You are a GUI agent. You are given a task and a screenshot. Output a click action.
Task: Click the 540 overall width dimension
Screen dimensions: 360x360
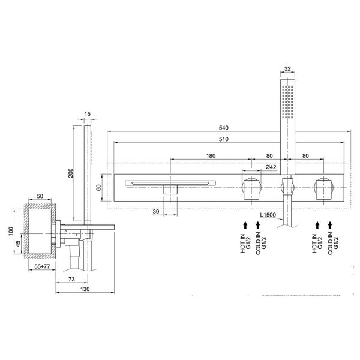[x=224, y=128]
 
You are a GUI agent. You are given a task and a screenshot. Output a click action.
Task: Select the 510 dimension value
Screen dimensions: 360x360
[x=224, y=139]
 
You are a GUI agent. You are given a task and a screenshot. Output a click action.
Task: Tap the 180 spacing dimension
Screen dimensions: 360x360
[x=211, y=156]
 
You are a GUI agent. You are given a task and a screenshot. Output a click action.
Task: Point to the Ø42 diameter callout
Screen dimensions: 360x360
[x=271, y=167]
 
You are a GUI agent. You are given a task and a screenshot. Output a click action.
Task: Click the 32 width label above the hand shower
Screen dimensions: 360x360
[x=287, y=68]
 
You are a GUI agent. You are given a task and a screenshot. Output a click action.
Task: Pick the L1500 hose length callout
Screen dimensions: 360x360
[x=268, y=215]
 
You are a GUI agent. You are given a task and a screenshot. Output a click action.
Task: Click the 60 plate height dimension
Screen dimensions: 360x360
[x=99, y=187]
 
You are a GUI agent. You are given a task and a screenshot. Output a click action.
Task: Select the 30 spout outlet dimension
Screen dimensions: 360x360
[x=155, y=211]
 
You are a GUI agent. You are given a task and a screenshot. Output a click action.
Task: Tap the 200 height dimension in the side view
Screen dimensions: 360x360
[x=70, y=173]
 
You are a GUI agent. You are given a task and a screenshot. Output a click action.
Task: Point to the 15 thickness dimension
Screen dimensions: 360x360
[x=88, y=114]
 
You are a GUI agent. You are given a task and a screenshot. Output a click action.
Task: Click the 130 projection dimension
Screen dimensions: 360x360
[x=85, y=289]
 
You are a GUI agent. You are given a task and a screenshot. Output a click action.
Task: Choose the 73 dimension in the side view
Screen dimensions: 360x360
[x=71, y=279]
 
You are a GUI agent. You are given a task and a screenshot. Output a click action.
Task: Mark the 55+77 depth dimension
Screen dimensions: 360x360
[x=42, y=266]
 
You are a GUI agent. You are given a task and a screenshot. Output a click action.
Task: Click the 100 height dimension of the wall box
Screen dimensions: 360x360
[x=11, y=232]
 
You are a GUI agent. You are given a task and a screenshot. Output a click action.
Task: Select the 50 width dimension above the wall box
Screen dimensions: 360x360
[x=40, y=196]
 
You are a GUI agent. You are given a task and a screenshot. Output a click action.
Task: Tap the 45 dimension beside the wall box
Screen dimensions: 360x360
[x=19, y=244]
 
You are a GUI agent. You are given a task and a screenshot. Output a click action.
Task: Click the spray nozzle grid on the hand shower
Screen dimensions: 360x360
[x=287, y=102]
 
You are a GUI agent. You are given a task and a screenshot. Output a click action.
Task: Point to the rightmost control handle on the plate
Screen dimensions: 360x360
[x=324, y=189]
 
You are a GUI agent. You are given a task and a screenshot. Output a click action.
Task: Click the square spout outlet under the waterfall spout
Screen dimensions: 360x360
[x=170, y=190]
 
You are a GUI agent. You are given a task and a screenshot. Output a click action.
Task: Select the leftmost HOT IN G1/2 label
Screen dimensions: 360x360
[x=245, y=244]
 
